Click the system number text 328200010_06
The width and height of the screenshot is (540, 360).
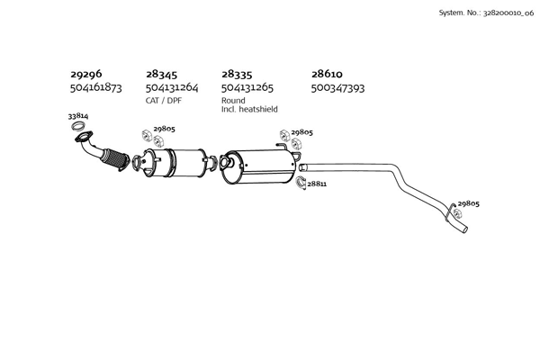(x=508, y=13)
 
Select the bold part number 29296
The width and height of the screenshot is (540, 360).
(x=86, y=74)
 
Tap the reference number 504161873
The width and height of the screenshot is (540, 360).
(x=95, y=87)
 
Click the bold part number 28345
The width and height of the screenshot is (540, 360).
(x=161, y=74)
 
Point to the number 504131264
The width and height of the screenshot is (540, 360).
(x=172, y=88)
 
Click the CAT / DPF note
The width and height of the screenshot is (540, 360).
(x=163, y=101)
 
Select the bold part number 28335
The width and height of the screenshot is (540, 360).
(x=237, y=74)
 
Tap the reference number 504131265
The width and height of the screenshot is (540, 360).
(x=247, y=88)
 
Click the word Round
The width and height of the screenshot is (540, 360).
(x=233, y=101)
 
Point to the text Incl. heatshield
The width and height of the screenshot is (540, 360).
(x=249, y=109)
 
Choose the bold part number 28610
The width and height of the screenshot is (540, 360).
(x=327, y=74)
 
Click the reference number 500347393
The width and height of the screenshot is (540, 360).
(x=337, y=88)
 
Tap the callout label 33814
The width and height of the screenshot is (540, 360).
(x=78, y=116)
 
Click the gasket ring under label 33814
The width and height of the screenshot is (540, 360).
(x=78, y=126)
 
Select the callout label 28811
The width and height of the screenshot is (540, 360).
(x=317, y=184)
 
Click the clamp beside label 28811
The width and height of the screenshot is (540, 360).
(x=301, y=183)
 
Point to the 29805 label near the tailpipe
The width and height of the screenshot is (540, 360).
(x=468, y=203)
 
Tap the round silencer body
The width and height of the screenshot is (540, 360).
(x=258, y=166)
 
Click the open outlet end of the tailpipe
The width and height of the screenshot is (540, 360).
(x=464, y=229)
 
